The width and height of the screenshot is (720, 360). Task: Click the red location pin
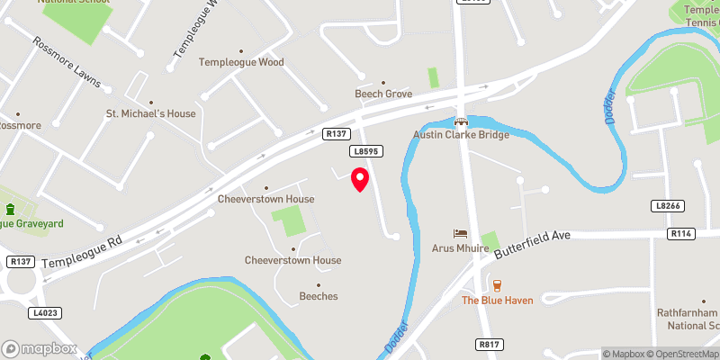(x=360, y=178)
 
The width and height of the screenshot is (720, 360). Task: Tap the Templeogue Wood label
(x=240, y=62)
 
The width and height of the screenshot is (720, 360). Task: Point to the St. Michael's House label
(x=150, y=114)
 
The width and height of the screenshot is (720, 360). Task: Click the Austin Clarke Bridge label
(x=461, y=135)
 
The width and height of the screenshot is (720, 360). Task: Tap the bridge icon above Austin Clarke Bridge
(x=461, y=121)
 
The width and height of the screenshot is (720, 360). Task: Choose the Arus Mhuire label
(x=461, y=247)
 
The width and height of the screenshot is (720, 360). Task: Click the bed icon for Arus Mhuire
(x=461, y=234)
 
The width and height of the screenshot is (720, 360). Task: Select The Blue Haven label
(x=498, y=300)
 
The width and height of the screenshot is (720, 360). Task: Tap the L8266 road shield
(x=665, y=206)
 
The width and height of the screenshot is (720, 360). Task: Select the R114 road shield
(x=680, y=233)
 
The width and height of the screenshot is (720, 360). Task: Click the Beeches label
(x=318, y=295)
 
